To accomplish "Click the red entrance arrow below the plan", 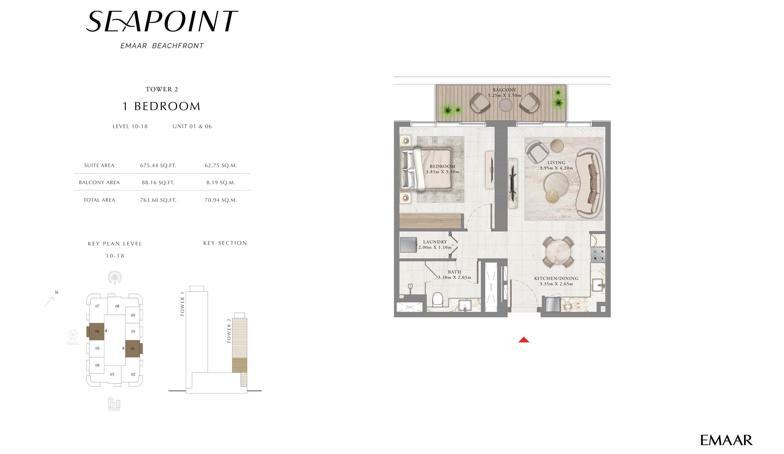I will (x=523, y=340).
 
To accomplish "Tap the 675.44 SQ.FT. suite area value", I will (x=158, y=165).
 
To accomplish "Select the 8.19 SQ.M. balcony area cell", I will (x=221, y=183).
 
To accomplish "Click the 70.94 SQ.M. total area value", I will (x=221, y=200).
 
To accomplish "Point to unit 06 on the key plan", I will (x=97, y=331).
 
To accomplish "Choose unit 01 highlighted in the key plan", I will (x=133, y=349).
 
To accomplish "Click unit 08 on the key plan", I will (x=117, y=306).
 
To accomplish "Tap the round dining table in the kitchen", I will (x=558, y=252).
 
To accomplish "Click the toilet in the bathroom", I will (x=438, y=299).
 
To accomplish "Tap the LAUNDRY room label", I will (x=435, y=242).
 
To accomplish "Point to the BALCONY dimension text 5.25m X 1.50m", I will (x=504, y=95).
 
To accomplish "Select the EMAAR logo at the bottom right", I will (x=726, y=440).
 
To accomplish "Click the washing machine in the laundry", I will (x=408, y=245).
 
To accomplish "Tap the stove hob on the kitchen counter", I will (x=598, y=255).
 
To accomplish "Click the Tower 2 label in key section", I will (x=229, y=331).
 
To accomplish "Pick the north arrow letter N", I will (x=56, y=292).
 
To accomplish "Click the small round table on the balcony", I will (x=505, y=105).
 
